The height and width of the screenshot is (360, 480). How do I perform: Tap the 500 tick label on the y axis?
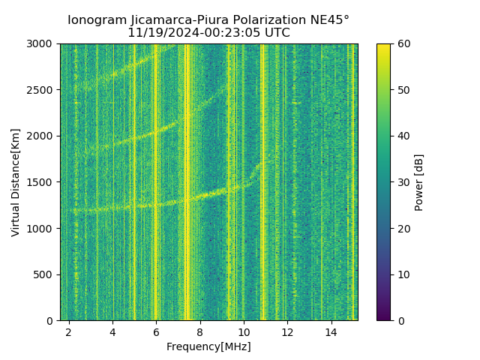[x=46, y=274]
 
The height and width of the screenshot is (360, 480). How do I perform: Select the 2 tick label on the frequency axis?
[x=69, y=331]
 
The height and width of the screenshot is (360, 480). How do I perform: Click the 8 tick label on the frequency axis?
[x=200, y=331]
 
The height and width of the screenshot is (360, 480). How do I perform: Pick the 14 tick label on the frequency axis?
[x=331, y=331]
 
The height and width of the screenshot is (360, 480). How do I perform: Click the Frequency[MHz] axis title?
[x=208, y=346]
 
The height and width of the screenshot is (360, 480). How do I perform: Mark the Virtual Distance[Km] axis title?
[x=16, y=182]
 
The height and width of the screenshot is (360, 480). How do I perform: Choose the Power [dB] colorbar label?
[x=419, y=182]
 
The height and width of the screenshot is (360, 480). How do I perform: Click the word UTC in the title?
[x=276, y=33]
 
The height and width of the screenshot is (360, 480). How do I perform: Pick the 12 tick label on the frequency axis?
[x=287, y=331]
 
